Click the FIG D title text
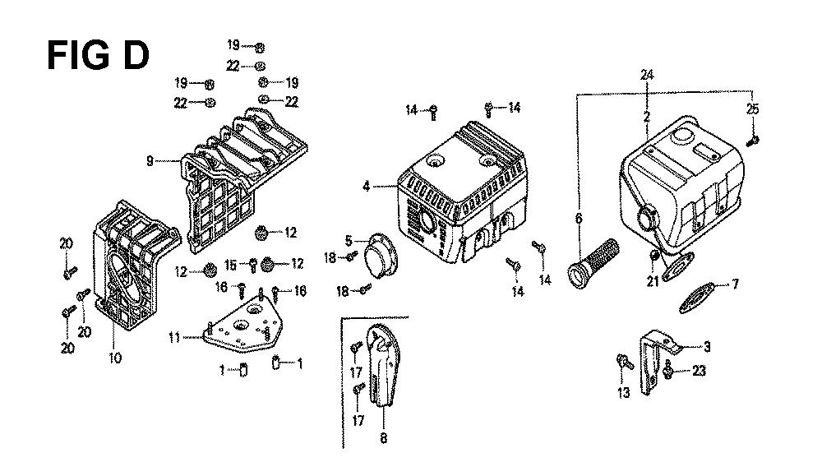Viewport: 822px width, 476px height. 98,55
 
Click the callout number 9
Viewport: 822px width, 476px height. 150,161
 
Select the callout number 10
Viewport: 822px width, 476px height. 115,358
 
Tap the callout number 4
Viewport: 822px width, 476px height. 366,186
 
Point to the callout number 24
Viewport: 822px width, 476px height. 647,75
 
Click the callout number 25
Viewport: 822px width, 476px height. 753,109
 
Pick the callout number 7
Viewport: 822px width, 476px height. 735,284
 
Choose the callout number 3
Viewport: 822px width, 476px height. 707,346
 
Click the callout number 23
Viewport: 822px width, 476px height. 699,371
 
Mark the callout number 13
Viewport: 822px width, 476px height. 623,393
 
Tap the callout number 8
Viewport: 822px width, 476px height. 383,437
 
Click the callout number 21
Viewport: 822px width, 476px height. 652,281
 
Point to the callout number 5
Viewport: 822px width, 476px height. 349,241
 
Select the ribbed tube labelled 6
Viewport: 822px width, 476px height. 593,264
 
